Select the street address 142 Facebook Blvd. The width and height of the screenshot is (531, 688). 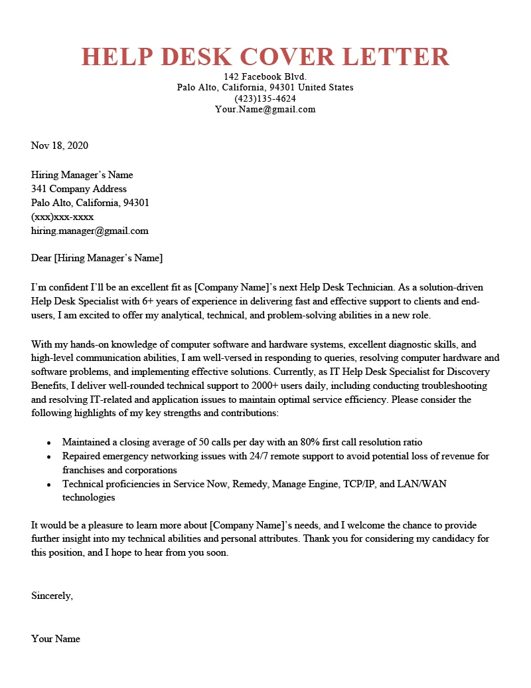click(x=265, y=76)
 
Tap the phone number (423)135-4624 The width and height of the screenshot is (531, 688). click(x=265, y=98)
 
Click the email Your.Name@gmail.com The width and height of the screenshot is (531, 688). click(x=265, y=109)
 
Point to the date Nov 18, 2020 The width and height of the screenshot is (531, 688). click(x=60, y=146)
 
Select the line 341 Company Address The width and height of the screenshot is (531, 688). click(x=79, y=189)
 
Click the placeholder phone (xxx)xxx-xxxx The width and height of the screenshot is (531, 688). click(x=62, y=217)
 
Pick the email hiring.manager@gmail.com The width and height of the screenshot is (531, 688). click(x=90, y=231)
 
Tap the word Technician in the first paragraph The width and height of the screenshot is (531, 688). click(x=370, y=287)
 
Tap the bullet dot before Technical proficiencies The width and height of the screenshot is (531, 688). click(x=49, y=485)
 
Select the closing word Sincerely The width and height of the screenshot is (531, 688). click(x=52, y=596)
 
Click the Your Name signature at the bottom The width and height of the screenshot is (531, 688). click(x=56, y=639)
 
